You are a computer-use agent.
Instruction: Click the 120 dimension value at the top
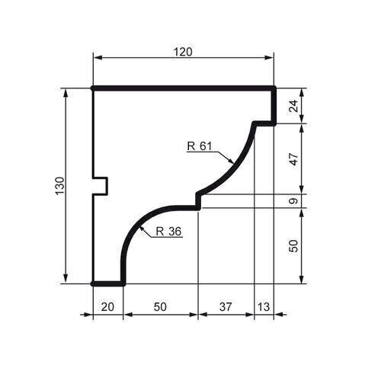coord(183,52)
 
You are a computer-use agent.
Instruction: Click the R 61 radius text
coord(199,146)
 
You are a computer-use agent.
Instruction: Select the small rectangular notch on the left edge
coord(101,185)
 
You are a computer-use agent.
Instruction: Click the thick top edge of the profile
coord(183,88)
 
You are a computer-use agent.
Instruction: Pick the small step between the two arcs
coord(197,200)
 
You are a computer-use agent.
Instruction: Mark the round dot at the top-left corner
coord(93,88)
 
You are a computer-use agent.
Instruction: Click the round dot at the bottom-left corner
coord(93,283)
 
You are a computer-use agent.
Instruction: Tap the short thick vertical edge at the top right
coord(274,105)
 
